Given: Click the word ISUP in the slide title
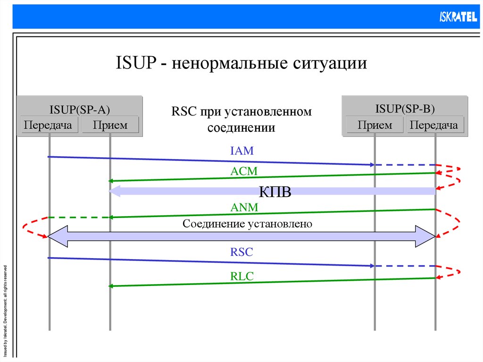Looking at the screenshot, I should click(135, 63).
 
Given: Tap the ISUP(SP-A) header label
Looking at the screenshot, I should click(80, 109).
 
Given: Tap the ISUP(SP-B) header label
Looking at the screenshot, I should click(405, 109).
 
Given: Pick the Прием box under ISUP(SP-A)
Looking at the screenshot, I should click(110, 125).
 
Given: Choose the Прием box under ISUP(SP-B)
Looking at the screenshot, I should click(375, 125).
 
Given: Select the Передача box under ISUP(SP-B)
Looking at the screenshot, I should click(434, 125).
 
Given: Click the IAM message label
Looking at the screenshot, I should click(242, 151).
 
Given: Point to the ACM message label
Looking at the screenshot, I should click(244, 171).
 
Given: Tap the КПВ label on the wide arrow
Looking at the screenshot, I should click(275, 192).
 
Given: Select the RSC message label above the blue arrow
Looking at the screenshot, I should click(241, 252).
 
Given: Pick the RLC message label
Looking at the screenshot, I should click(242, 277).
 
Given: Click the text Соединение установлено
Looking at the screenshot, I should click(247, 223).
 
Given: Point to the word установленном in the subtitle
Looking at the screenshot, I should click(268, 112).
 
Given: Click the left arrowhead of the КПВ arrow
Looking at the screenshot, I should click(115, 191).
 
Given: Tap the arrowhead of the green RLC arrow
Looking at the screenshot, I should click(111, 286).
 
